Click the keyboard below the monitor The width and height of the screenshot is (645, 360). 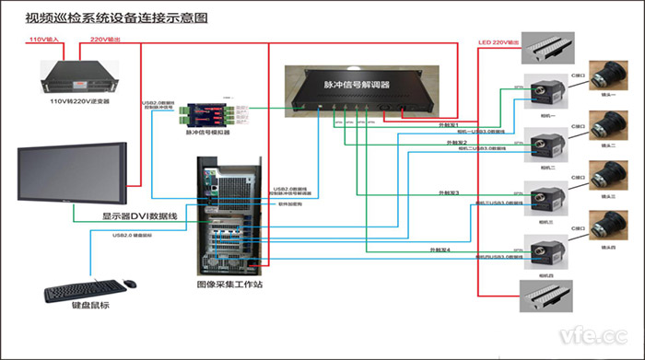[x=83, y=291]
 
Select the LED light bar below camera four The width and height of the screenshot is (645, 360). [x=549, y=299]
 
